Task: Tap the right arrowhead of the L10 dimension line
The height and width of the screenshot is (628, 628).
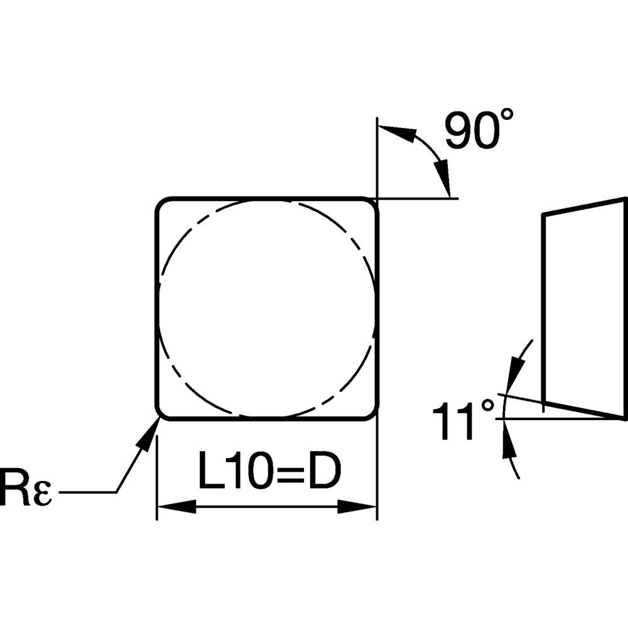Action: (358, 507)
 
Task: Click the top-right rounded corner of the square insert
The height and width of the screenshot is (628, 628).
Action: (371, 205)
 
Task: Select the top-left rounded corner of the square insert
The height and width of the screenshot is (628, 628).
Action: (162, 205)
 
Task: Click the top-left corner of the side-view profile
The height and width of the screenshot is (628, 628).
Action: (543, 215)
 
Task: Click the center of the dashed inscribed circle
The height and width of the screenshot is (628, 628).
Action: (266, 308)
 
